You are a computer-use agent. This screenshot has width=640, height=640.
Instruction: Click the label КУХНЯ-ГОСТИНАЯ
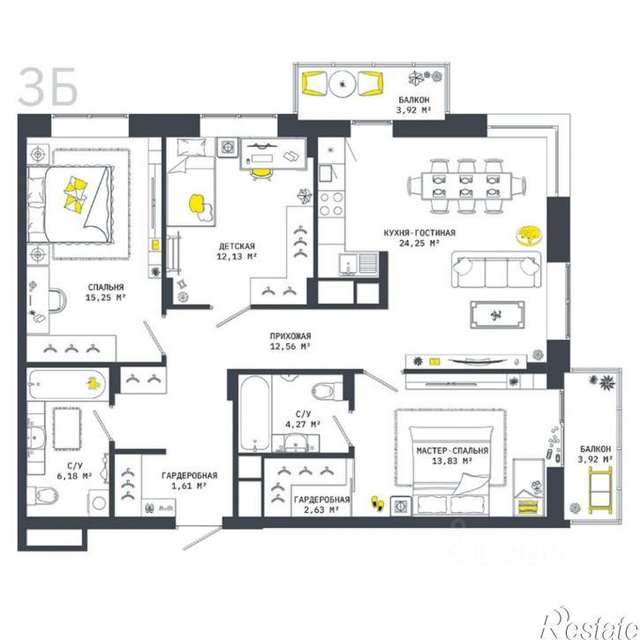419,233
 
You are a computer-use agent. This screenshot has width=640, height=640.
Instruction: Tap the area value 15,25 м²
105,297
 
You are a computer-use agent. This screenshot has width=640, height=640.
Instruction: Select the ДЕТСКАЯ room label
237,246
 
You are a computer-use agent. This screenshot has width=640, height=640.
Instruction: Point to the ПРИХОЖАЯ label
290,336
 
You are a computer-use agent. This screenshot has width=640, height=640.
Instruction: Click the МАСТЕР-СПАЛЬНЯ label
452,450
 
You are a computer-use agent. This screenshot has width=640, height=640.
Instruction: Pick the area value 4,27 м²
303,425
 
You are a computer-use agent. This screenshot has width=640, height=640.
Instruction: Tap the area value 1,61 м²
189,486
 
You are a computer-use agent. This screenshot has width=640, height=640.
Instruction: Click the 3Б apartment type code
48,87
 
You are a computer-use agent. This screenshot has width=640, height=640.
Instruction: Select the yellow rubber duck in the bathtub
94,384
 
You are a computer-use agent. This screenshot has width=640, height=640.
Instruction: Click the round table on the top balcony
342,84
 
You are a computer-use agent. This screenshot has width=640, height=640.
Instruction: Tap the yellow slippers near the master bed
377,503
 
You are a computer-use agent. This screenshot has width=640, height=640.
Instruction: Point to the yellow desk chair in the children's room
260,174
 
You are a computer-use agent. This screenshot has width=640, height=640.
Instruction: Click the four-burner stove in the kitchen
331,204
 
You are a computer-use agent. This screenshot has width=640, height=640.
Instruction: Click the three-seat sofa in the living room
496,270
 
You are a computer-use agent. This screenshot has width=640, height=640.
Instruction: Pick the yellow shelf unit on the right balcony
600,491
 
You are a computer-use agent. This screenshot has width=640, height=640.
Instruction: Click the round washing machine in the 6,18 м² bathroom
99,502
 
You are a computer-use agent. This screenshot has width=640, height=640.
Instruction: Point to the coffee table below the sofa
497,314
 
